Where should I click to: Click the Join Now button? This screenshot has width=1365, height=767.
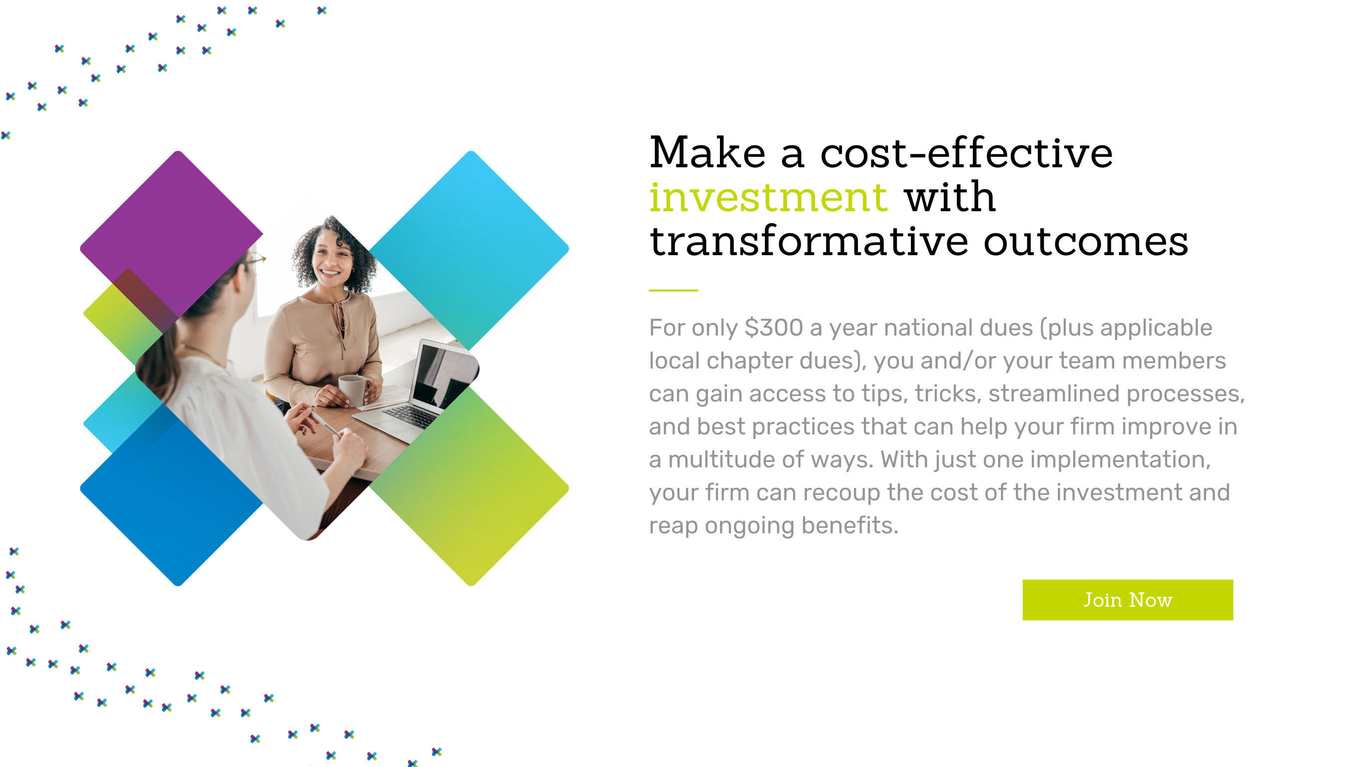pos(1127,600)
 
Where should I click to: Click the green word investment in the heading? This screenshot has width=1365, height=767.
pos(768,197)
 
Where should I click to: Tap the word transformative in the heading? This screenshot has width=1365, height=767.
pos(809,241)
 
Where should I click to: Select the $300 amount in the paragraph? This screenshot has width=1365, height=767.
pos(773,328)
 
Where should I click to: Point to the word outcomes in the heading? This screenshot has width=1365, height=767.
pos(1086,242)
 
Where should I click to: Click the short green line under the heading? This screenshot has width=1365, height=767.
pos(673,290)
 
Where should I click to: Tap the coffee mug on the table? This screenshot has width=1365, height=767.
pos(354,390)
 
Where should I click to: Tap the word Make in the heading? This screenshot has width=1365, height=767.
pos(707,153)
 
